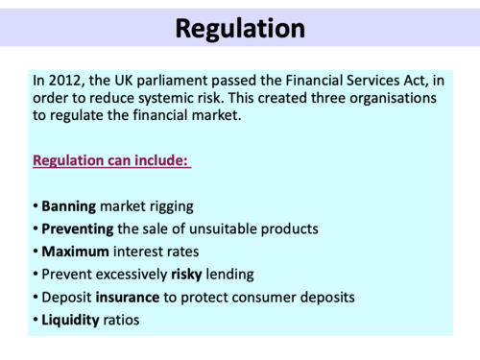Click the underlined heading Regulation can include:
point(110,160)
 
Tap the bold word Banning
point(70,206)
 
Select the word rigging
point(175,206)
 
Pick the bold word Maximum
point(75,252)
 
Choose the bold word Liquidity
point(70,320)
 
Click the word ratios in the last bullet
point(122,320)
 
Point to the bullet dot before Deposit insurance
point(36,298)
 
